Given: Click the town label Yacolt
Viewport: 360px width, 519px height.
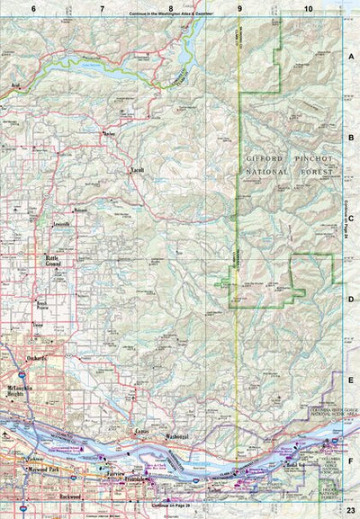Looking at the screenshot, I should pyautogui.click(x=138, y=170).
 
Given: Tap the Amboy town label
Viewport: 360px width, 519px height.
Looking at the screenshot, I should pyautogui.click(x=110, y=134).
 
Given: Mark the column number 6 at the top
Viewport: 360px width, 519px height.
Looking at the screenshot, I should pyautogui.click(x=33, y=8).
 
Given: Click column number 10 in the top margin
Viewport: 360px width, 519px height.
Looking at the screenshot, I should pyautogui.click(x=309, y=8).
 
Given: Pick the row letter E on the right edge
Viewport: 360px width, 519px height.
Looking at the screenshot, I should pyautogui.click(x=351, y=380).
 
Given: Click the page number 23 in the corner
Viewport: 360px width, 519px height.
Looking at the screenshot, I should pyautogui.click(x=350, y=510).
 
